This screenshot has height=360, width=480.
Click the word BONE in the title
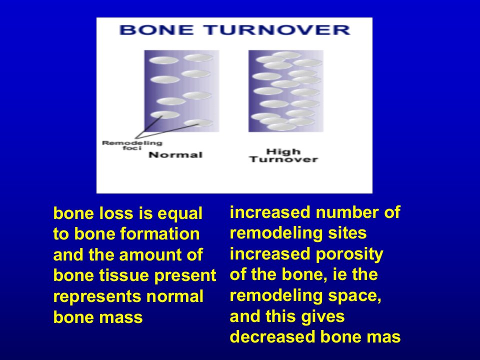click(x=156, y=30)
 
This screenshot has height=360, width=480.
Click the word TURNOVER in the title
click(x=277, y=30)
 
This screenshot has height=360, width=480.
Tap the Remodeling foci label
click(x=132, y=145)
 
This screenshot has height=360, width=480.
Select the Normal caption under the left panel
click(x=175, y=155)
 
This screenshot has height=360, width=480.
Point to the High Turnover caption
click(x=283, y=155)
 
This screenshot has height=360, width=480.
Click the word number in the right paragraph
click(x=347, y=212)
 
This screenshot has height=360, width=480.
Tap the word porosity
click(x=349, y=254)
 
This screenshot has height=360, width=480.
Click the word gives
click(x=323, y=316)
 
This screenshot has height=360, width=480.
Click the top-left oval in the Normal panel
click(x=164, y=60)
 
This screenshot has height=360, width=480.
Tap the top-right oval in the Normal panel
click(x=198, y=57)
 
